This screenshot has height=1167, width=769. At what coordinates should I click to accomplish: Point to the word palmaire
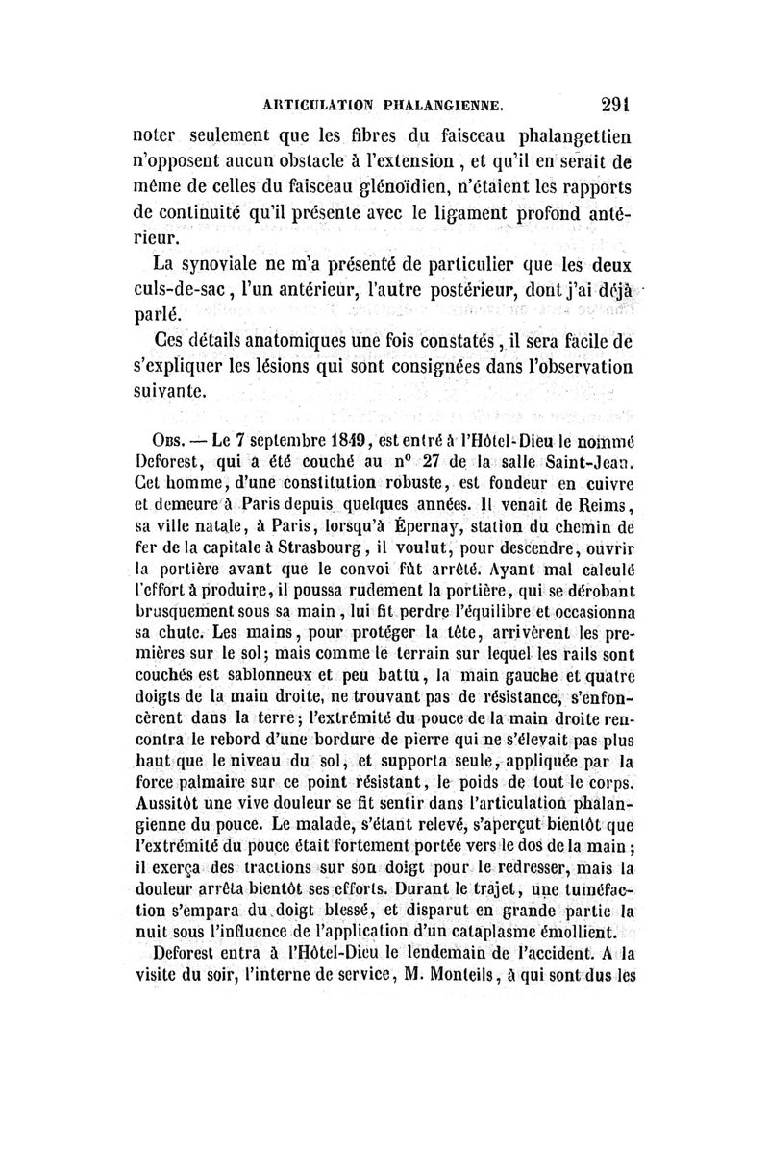click(204, 775)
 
